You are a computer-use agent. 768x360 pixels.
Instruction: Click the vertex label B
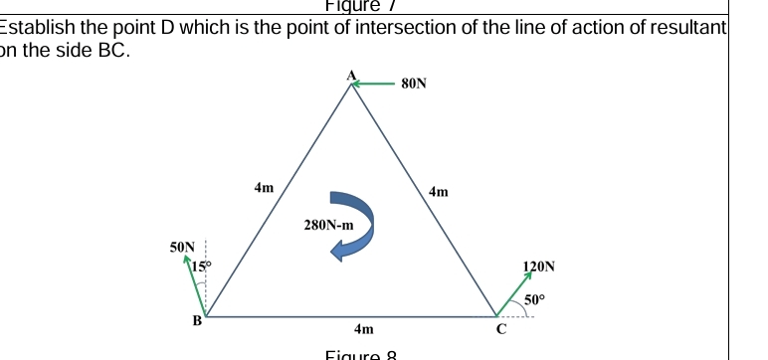click(x=196, y=320)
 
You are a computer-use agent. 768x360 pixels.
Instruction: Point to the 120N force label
click(x=538, y=267)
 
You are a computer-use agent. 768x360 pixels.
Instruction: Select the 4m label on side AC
click(x=438, y=190)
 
